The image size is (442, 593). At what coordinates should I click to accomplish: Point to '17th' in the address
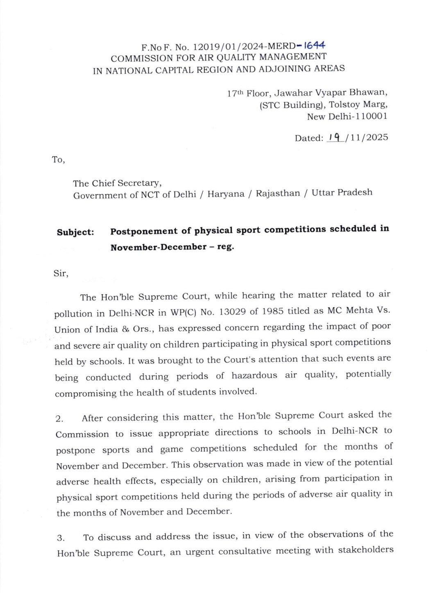[x=235, y=93]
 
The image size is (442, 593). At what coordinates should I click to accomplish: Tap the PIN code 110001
[x=371, y=116]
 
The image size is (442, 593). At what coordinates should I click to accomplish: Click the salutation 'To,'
[x=59, y=160]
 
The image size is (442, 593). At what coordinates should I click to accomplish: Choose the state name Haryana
[x=226, y=194]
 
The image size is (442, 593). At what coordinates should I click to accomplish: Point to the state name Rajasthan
[x=278, y=193]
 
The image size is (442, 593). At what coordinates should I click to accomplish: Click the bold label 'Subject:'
[x=75, y=232]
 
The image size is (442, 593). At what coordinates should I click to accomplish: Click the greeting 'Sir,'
[x=61, y=273]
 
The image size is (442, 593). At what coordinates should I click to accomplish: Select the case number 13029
[x=232, y=312]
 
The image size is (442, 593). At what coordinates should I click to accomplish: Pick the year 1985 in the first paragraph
[x=272, y=311]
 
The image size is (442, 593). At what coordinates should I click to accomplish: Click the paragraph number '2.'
[x=60, y=419]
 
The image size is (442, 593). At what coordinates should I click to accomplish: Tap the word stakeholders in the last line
[x=366, y=550]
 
